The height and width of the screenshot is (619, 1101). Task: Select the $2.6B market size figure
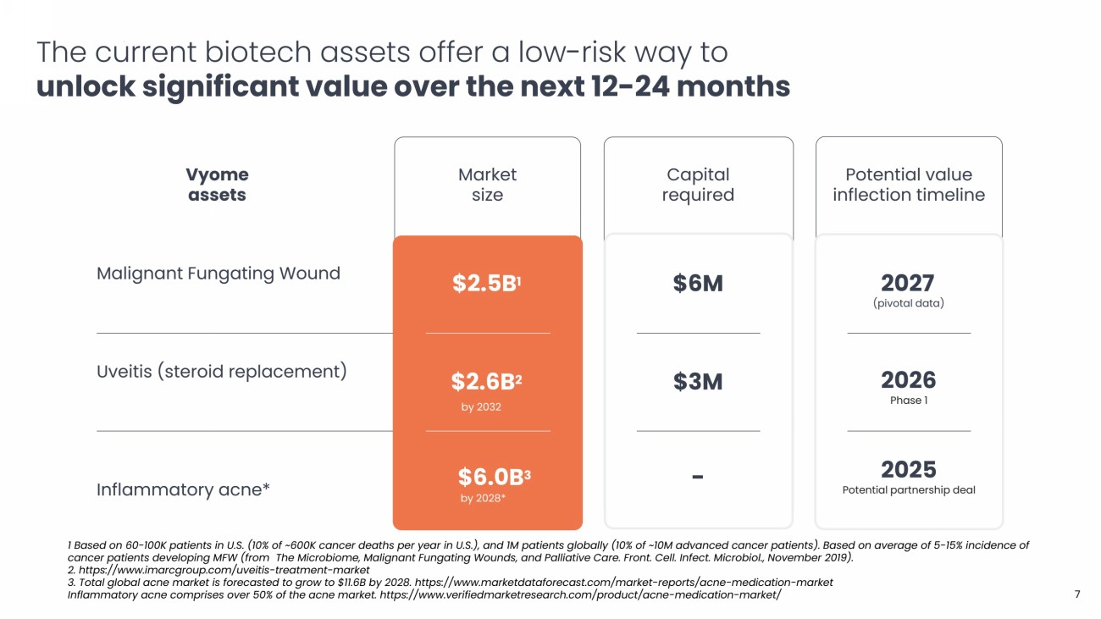(485, 383)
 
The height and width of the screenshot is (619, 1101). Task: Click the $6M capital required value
(698, 285)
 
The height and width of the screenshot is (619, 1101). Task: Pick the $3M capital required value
(698, 383)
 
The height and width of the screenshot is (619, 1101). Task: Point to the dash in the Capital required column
(698, 477)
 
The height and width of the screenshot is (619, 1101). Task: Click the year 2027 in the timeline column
(908, 283)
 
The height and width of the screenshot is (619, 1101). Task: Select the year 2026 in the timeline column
(908, 380)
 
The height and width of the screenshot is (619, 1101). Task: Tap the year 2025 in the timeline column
(908, 470)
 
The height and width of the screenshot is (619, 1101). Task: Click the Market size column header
(487, 185)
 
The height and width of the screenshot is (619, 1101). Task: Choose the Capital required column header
(698, 185)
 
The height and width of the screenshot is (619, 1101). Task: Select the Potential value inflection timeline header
(908, 185)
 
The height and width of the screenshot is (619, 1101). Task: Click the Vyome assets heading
(217, 185)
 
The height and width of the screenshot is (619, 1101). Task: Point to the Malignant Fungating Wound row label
(219, 274)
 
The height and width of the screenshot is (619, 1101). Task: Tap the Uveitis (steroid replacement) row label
(222, 372)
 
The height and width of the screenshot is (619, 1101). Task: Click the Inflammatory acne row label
(183, 489)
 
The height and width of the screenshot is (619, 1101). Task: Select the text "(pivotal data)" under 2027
(908, 303)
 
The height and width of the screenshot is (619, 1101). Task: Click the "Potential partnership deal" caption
(908, 490)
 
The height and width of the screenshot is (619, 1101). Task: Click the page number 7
(1077, 594)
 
